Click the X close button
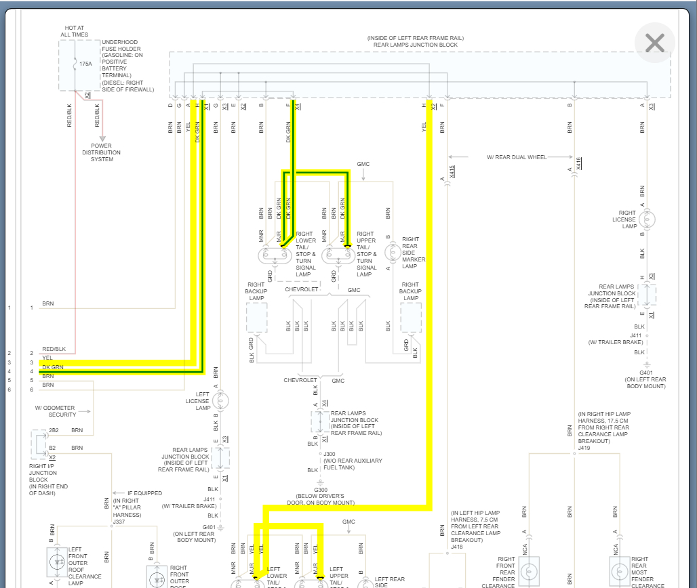tap(654, 43)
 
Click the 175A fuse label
tap(85, 63)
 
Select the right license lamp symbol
tap(648, 219)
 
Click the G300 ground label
tap(321, 489)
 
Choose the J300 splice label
tap(330, 454)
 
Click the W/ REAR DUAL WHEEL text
tap(517, 157)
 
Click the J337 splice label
tap(119, 522)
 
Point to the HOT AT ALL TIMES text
tap(74, 30)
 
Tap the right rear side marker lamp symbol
tap(392, 252)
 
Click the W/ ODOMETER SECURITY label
tap(55, 411)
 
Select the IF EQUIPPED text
tap(145, 493)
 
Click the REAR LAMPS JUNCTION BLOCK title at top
tap(416, 45)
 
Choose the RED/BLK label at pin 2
tap(54, 349)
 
